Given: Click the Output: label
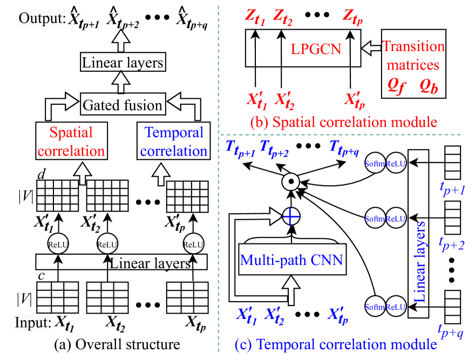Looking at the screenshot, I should [x=43, y=19].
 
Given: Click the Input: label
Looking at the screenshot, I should [x=33, y=323].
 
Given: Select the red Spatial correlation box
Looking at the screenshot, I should [x=71, y=141].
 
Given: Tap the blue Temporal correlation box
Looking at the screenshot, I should [x=174, y=141].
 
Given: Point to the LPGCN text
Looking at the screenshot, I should [x=316, y=49].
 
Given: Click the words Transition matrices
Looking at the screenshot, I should [x=413, y=56].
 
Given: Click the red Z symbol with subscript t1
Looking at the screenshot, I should [x=255, y=17].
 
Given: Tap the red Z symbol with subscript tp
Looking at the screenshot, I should [x=352, y=17].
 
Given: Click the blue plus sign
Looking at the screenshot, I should [x=290, y=217].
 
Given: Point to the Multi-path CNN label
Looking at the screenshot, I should [x=291, y=261].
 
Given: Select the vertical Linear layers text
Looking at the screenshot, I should [x=420, y=261].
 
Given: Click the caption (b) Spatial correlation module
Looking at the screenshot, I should [x=343, y=121].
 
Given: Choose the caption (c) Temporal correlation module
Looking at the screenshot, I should [x=335, y=344].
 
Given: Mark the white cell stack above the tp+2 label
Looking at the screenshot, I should [x=452, y=217].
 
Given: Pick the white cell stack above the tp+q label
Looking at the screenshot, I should [x=452, y=306].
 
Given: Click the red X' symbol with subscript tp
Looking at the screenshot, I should [x=355, y=100].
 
